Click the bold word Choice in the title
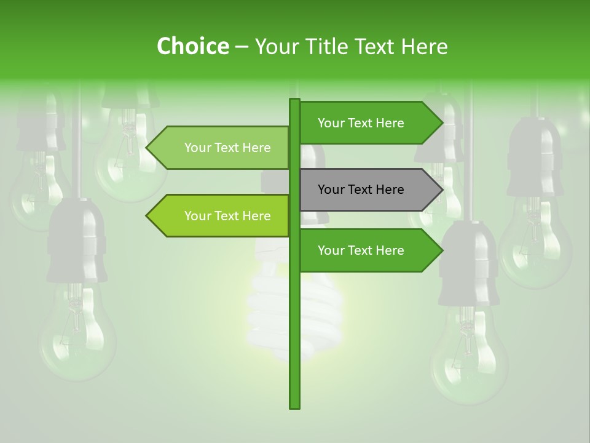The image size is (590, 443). click(x=192, y=46)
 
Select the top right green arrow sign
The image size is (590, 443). click(x=369, y=123)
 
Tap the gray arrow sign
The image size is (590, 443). click(x=369, y=190)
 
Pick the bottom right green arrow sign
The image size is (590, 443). click(x=369, y=250)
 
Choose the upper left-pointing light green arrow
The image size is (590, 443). click(x=221, y=148)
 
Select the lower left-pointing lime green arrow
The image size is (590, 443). click(x=221, y=216)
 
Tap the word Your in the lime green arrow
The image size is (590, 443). click(x=197, y=216)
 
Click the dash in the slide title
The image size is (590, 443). click(x=242, y=47)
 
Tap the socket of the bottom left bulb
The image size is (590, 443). click(x=77, y=240)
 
